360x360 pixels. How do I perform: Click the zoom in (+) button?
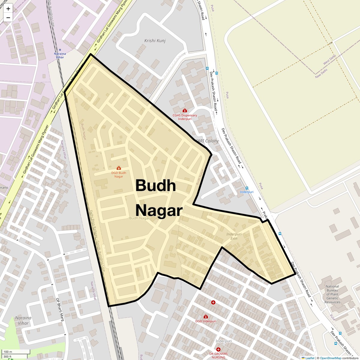pyautogui.click(x=8, y=9)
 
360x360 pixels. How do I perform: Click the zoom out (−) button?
pyautogui.click(x=8, y=18)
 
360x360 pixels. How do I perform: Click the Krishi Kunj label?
pyautogui.click(x=155, y=41)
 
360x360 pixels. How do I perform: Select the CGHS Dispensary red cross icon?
pyautogui.click(x=185, y=111)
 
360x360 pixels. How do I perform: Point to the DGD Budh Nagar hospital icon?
pyautogui.click(x=119, y=168)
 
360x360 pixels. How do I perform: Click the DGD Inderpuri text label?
pyautogui.click(x=205, y=321)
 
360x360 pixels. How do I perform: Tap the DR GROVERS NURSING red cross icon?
pyautogui.click(x=218, y=349)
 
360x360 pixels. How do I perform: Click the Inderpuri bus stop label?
pyautogui.click(x=247, y=192)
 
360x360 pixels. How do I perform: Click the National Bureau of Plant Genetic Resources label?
pyautogui.click(x=332, y=294)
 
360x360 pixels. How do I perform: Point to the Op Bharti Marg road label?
pyautogui.click(x=60, y=309)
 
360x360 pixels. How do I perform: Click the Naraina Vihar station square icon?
pyautogui.click(x=60, y=50)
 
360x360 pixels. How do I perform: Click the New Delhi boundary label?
pyautogui.click(x=321, y=73)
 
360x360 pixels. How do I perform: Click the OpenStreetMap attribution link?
pyautogui.click(x=330, y=358)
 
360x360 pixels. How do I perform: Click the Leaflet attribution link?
pyautogui.click(x=310, y=358)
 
